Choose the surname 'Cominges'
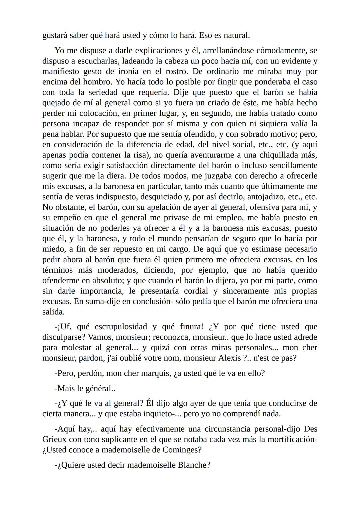click(180, 450)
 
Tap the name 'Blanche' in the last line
click(193, 465)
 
